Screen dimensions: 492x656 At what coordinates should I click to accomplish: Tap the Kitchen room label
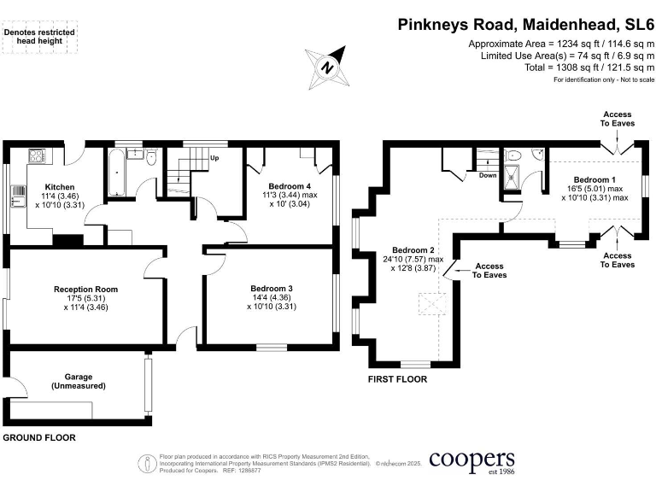[x=60, y=187]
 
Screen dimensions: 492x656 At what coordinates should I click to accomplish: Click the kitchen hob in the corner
[x=38, y=155]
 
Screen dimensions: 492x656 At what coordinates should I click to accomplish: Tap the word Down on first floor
[x=488, y=175]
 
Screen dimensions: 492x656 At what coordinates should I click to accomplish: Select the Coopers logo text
[x=471, y=461]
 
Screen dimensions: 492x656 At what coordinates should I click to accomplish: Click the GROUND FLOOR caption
[x=38, y=437]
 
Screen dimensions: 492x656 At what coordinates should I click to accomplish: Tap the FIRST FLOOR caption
[x=397, y=379]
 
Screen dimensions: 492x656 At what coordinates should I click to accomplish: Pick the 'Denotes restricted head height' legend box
[x=40, y=37]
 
